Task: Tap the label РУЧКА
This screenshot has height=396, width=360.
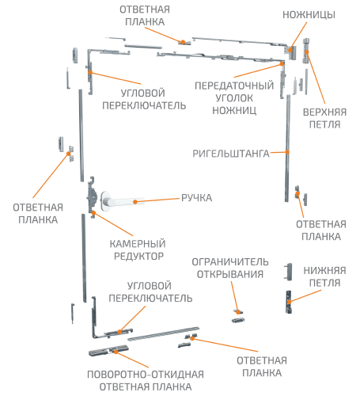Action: [x=196, y=198]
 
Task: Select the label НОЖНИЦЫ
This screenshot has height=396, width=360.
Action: [x=309, y=15]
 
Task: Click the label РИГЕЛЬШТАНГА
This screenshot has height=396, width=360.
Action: [x=231, y=154]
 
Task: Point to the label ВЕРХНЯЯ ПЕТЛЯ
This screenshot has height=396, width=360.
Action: [x=324, y=118]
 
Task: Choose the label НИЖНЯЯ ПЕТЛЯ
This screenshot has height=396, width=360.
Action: [x=324, y=276]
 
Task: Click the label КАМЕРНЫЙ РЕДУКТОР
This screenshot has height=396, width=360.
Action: [x=138, y=249]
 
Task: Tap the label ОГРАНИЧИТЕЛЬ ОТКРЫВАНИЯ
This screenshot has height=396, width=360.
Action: [x=230, y=268]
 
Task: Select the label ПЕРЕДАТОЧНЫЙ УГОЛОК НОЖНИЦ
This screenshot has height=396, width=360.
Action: [x=234, y=98]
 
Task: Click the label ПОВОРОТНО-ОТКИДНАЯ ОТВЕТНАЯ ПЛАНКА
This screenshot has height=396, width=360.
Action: [x=146, y=380]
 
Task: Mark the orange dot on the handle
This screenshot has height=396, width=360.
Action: [x=135, y=202]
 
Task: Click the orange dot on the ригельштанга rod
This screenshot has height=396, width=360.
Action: [x=287, y=152]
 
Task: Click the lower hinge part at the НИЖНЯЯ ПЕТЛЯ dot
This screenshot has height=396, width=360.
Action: [x=289, y=302]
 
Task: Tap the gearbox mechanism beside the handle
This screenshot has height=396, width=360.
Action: [x=92, y=197]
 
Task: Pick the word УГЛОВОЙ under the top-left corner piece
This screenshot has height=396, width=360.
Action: [x=143, y=93]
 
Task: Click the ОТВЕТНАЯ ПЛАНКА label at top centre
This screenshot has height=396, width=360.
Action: [x=145, y=16]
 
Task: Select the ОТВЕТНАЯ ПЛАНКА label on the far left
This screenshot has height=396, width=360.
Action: [x=38, y=214]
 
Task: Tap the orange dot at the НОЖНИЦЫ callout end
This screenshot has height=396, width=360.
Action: [x=290, y=50]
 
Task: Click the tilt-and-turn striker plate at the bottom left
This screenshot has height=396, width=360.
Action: [x=108, y=351]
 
